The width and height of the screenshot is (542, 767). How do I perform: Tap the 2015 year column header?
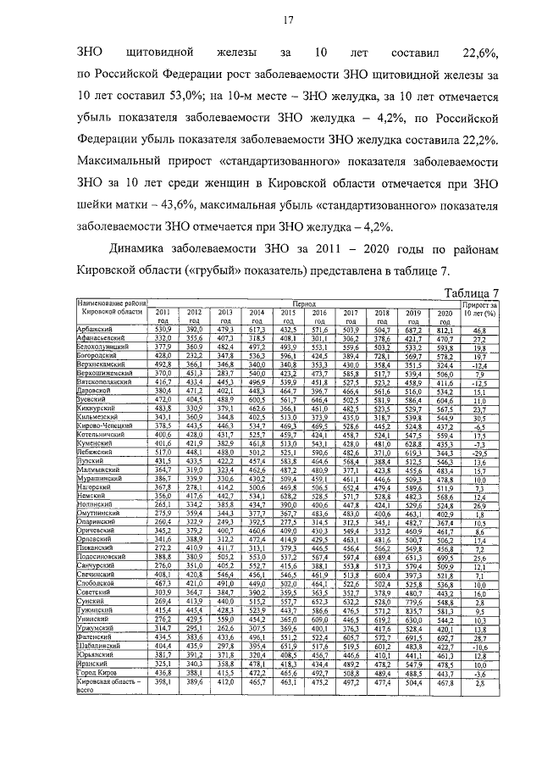coord(289,316)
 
